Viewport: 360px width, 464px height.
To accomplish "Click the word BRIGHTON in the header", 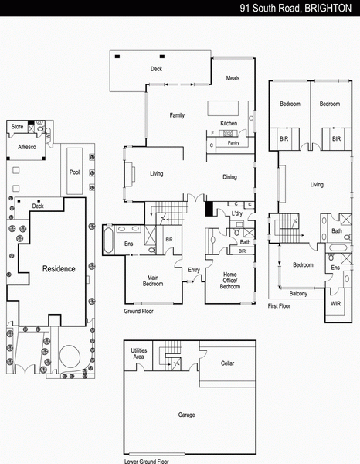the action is click(x=328, y=8).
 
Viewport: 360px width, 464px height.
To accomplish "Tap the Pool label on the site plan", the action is click(x=74, y=172).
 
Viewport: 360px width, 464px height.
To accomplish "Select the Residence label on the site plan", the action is click(x=59, y=268).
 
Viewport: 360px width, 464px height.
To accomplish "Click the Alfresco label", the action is click(x=27, y=147).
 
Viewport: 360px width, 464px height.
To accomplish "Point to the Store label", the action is click(x=17, y=126).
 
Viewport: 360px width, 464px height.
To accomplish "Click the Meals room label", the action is click(x=233, y=78).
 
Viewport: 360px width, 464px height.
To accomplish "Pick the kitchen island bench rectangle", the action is click(x=222, y=108).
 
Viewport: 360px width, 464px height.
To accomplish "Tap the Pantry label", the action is click(x=233, y=142).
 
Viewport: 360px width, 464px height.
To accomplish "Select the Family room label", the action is click(x=177, y=115).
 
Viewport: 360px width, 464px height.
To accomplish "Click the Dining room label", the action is click(x=229, y=177).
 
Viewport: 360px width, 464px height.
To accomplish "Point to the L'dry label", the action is click(x=237, y=213).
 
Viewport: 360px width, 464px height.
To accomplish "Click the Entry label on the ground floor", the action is click(x=194, y=270).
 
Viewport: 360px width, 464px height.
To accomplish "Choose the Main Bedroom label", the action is click(x=153, y=281).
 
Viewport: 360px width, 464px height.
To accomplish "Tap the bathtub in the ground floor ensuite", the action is click(x=108, y=240).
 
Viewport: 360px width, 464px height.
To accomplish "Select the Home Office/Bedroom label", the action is click(x=230, y=280).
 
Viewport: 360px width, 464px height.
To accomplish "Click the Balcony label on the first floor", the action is click(x=298, y=294).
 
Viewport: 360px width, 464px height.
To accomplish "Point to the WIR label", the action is click(x=335, y=304).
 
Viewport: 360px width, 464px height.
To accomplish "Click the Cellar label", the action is click(x=227, y=363).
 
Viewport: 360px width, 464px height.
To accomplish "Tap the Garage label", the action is click(x=186, y=415).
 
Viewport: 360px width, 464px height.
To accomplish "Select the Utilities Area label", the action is click(x=139, y=353).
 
